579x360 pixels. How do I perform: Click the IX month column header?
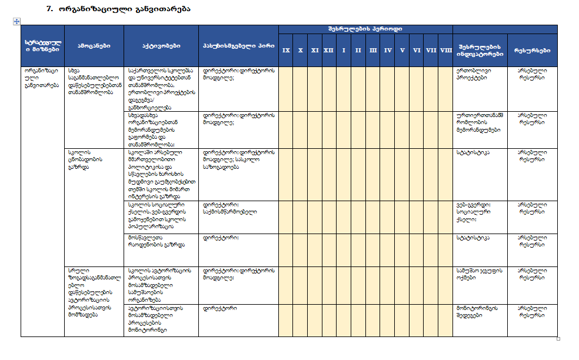(x=286, y=51)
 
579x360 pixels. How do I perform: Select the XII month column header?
(x=328, y=51)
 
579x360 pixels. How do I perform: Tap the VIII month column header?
(x=446, y=51)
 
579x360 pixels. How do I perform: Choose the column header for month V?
(x=402, y=51)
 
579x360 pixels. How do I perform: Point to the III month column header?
(x=373, y=51)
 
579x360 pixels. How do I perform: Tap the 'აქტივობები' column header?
(x=161, y=45)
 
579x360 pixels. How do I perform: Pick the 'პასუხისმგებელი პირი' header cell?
(x=238, y=45)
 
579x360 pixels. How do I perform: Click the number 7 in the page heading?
(x=49, y=9)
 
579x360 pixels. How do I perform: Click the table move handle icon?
(x=17, y=22)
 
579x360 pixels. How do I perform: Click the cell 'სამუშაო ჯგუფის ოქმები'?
(x=478, y=274)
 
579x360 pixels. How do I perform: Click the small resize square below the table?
(x=558, y=339)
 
